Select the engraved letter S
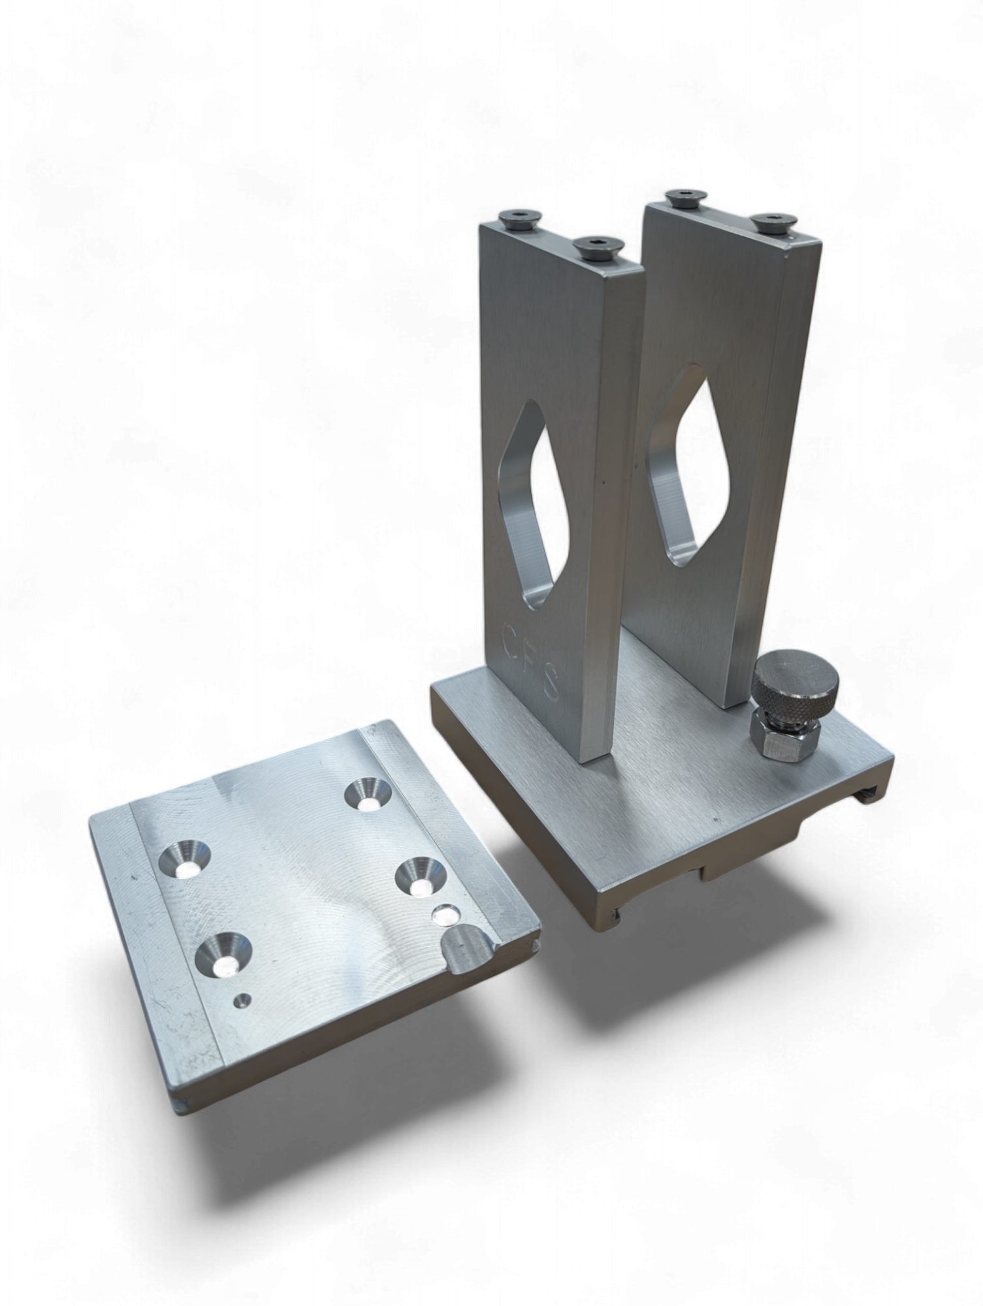(549, 683)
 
